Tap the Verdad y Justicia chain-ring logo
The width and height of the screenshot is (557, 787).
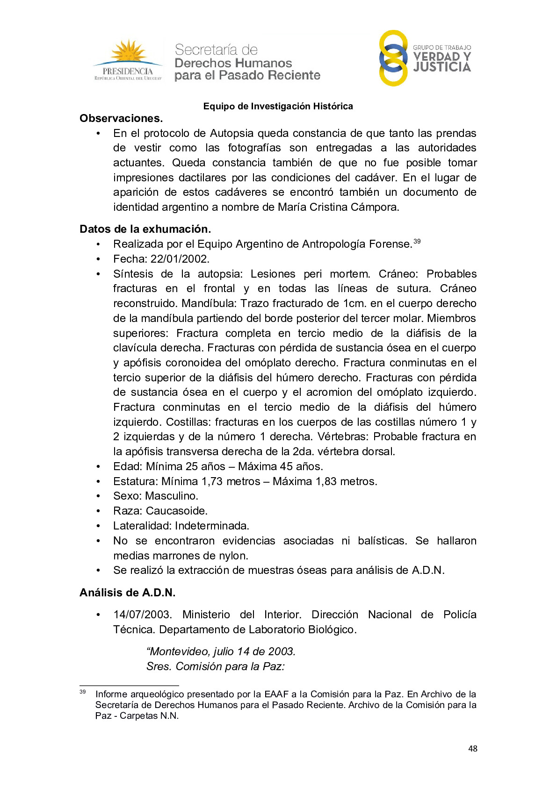click(x=393, y=58)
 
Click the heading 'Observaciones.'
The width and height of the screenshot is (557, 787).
click(x=121, y=118)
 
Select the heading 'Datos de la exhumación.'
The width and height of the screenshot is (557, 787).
click(x=145, y=229)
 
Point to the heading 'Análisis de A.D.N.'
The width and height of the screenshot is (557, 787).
click(x=127, y=593)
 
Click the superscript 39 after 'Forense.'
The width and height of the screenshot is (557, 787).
click(x=417, y=241)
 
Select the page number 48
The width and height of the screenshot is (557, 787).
click(x=473, y=749)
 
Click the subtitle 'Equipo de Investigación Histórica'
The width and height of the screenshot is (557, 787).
click(x=278, y=106)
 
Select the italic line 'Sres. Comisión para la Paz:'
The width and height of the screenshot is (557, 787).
click(x=216, y=666)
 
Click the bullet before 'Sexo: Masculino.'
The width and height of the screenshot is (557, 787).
click(x=98, y=496)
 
